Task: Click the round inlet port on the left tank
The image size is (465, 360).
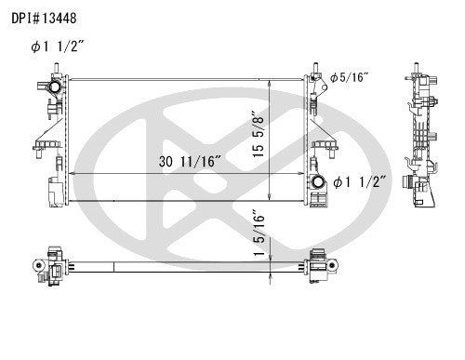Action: (55, 90)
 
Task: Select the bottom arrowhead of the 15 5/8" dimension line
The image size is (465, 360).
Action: (270, 199)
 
